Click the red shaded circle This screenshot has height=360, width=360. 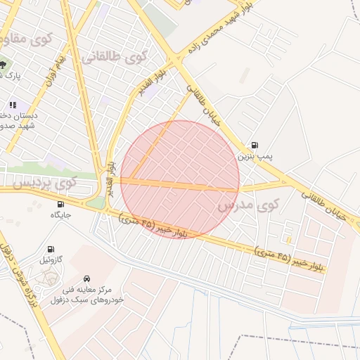(180, 179)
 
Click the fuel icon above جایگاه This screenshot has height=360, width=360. (60, 204)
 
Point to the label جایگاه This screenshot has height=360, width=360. (60, 214)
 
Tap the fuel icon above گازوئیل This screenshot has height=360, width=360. (51, 249)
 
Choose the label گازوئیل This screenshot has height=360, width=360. (51, 259)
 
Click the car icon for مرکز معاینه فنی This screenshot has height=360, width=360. (86, 278)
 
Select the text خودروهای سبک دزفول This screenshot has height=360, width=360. (87, 300)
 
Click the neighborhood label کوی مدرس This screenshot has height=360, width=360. (248, 206)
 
